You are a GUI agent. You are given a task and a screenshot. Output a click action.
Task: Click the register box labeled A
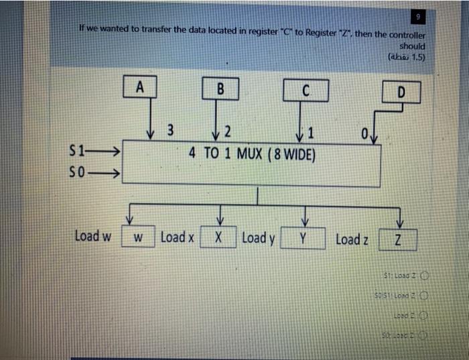click(139, 87)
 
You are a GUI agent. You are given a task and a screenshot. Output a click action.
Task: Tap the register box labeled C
click(305, 89)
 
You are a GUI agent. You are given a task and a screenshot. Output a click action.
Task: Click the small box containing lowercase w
click(137, 238)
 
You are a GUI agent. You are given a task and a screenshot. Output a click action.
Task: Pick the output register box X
click(220, 238)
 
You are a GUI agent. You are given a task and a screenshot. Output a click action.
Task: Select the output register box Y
click(303, 239)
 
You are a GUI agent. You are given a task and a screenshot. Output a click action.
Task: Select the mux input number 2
click(228, 129)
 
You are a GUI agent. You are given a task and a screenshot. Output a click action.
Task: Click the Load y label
click(257, 237)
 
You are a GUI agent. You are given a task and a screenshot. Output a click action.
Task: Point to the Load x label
click(177, 237)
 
